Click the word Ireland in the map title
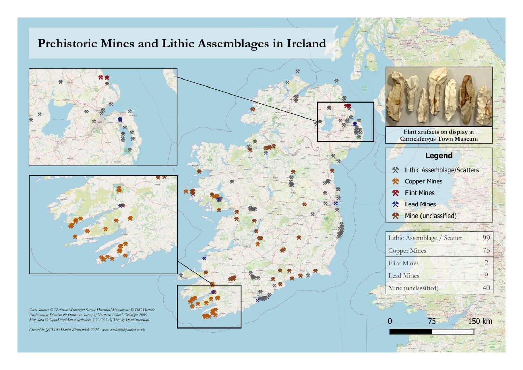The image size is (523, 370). pyautogui.click(x=306, y=44)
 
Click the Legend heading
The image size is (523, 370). pyautogui.click(x=439, y=156)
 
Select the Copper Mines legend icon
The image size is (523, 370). pyautogui.click(x=395, y=181)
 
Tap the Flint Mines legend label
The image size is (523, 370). pyautogui.click(x=419, y=193)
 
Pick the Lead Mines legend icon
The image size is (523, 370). pyautogui.click(x=395, y=204)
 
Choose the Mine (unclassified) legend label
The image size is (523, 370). pyautogui.click(x=430, y=216)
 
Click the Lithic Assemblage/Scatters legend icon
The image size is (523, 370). pyautogui.click(x=395, y=170)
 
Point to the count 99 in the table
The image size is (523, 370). pyautogui.click(x=486, y=238)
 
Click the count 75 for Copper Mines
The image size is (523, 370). pyautogui.click(x=486, y=250)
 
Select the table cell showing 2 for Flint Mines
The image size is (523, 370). pyautogui.click(x=486, y=263)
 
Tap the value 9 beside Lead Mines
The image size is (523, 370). pyautogui.click(x=486, y=275)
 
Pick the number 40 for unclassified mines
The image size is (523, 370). pyautogui.click(x=486, y=288)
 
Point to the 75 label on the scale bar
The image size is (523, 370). pyautogui.click(x=432, y=321)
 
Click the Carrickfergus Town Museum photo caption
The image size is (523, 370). pyautogui.click(x=439, y=135)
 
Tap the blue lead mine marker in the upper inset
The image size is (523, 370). pyautogui.click(x=120, y=120)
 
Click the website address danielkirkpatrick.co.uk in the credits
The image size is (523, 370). pyautogui.click(x=123, y=330)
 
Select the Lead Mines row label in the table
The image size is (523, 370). pyautogui.click(x=403, y=275)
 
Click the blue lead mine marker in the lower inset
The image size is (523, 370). pyautogui.click(x=121, y=206)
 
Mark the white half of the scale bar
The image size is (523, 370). pyautogui.click(x=453, y=332)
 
